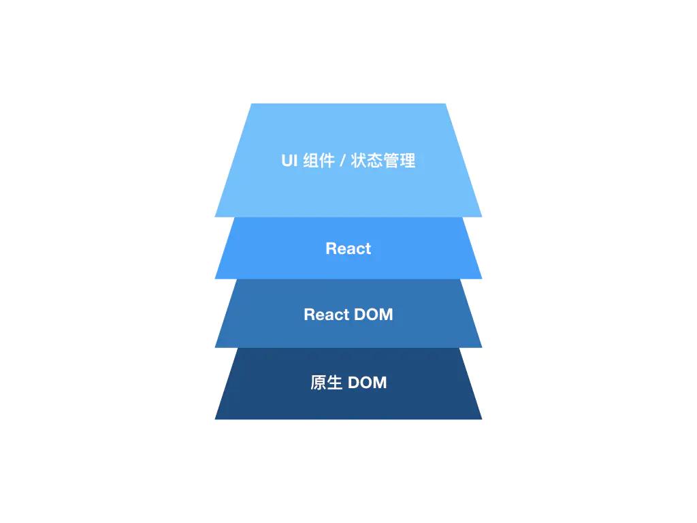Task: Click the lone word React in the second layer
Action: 348,249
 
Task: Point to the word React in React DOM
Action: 327,315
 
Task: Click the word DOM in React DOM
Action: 374,315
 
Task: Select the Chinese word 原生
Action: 326,383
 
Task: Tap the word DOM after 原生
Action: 368,383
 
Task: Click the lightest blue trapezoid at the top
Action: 348,129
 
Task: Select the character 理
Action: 408,161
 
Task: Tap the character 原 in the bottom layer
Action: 318,383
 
